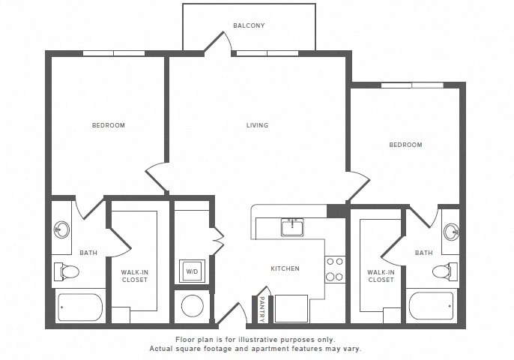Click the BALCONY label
pos(249,25)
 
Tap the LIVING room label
pos(257,125)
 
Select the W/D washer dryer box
pos(192,271)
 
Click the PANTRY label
pos(262,309)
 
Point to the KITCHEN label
pos(285,268)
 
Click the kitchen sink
pos(292,227)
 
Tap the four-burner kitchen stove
pos(335,269)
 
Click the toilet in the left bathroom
pos(67,271)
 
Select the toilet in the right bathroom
pos(445,271)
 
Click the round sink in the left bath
pos(61,229)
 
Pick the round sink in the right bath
pos(451,232)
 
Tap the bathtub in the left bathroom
pos(80,307)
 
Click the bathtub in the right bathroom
pos(431,305)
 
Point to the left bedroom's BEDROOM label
pos(109,125)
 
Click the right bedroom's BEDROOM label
pos(405,145)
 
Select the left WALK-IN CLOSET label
pos(134,276)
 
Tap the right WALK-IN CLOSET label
pos(381,276)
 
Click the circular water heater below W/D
pos(192,306)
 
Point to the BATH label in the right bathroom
pos(424,253)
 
